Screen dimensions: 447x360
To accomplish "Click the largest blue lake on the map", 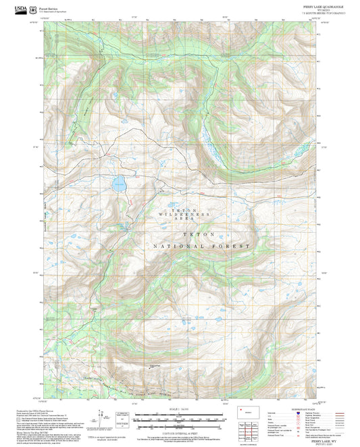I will (x=119, y=182).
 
